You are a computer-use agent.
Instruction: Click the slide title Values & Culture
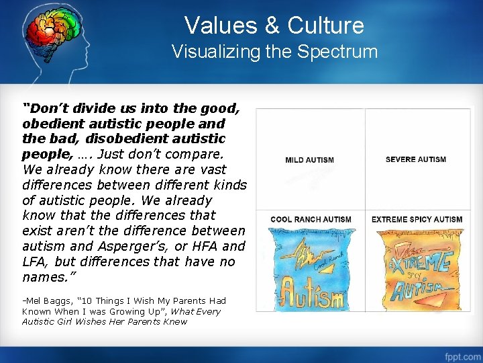(x=274, y=26)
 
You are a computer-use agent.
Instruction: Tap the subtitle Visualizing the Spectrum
(x=274, y=52)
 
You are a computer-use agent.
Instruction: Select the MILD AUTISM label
(x=309, y=160)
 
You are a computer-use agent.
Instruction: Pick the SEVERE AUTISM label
(x=416, y=159)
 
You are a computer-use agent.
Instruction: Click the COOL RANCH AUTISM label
(x=311, y=219)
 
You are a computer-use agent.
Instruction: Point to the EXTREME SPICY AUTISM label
(x=417, y=219)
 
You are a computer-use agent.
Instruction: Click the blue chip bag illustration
(x=310, y=269)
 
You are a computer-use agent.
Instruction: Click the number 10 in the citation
(x=84, y=300)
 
